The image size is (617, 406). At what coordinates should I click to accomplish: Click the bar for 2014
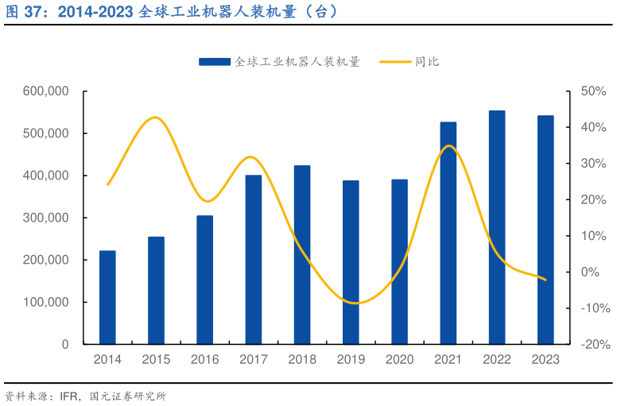107,297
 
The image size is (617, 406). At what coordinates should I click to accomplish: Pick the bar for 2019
351,262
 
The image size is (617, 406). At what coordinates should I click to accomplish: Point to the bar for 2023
545,230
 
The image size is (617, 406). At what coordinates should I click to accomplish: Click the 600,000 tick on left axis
47,91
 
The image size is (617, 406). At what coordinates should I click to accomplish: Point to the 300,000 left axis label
47,218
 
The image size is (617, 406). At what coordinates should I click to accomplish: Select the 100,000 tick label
47,303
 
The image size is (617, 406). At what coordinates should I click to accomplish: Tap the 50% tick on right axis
593,91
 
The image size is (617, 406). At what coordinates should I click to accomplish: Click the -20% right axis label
592,345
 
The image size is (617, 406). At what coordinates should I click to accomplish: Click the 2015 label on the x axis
156,360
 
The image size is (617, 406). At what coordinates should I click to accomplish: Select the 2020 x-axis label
399,360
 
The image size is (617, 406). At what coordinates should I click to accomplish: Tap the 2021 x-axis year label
448,360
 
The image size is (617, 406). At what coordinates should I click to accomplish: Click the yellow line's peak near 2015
156,118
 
